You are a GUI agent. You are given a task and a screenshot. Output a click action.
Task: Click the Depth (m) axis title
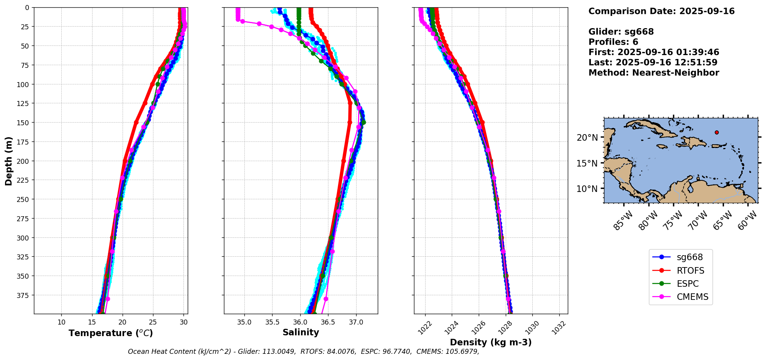click(8, 161)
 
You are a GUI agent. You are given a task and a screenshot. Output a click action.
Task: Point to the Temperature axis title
click(111, 333)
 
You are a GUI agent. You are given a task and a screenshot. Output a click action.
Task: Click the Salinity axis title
click(301, 333)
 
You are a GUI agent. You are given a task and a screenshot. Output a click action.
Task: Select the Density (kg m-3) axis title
click(491, 342)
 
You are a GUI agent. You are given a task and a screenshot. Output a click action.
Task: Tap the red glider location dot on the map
click(717, 132)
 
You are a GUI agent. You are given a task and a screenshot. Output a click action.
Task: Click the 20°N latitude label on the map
click(587, 138)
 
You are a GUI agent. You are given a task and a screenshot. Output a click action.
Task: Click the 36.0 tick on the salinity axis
click(300, 322)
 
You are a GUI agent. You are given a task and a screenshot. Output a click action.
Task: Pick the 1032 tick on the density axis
click(559, 328)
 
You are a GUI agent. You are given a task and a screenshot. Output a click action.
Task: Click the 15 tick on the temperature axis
click(92, 322)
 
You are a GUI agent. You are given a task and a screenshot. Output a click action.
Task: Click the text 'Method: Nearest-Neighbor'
click(654, 73)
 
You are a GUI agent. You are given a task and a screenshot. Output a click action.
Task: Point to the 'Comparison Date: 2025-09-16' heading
click(661, 11)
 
